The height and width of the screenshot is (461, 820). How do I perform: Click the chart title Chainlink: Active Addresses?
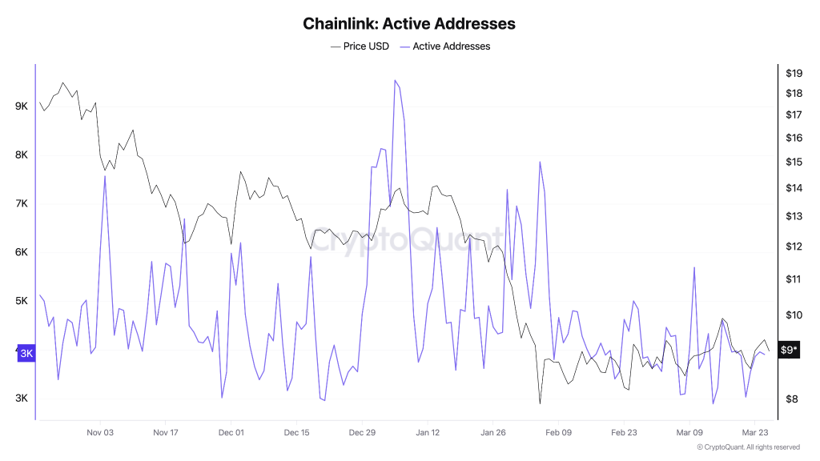409,23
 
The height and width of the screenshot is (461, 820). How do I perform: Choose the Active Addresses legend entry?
451,46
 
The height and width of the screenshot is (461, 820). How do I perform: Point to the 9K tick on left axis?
21,106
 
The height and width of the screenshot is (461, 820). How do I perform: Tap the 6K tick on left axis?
21,252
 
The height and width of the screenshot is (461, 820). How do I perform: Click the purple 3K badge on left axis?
26,353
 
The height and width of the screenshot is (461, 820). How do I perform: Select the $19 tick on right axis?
794,73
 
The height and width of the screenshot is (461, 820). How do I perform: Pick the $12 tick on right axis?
794,247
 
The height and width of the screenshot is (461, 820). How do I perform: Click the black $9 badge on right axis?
789,350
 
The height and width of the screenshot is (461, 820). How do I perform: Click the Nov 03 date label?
99,433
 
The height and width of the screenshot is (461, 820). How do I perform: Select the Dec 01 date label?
231,433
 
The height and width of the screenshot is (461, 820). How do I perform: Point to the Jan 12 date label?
427,433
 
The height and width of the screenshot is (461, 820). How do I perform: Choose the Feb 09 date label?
558,433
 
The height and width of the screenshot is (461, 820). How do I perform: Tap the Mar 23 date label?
755,433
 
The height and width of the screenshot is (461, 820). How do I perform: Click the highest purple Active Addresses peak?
396,80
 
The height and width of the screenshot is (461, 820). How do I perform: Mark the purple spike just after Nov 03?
105,176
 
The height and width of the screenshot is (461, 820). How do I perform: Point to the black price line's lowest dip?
541,403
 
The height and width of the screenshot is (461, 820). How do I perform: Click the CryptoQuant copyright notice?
748,447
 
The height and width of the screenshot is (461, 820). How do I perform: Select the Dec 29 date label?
361,433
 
